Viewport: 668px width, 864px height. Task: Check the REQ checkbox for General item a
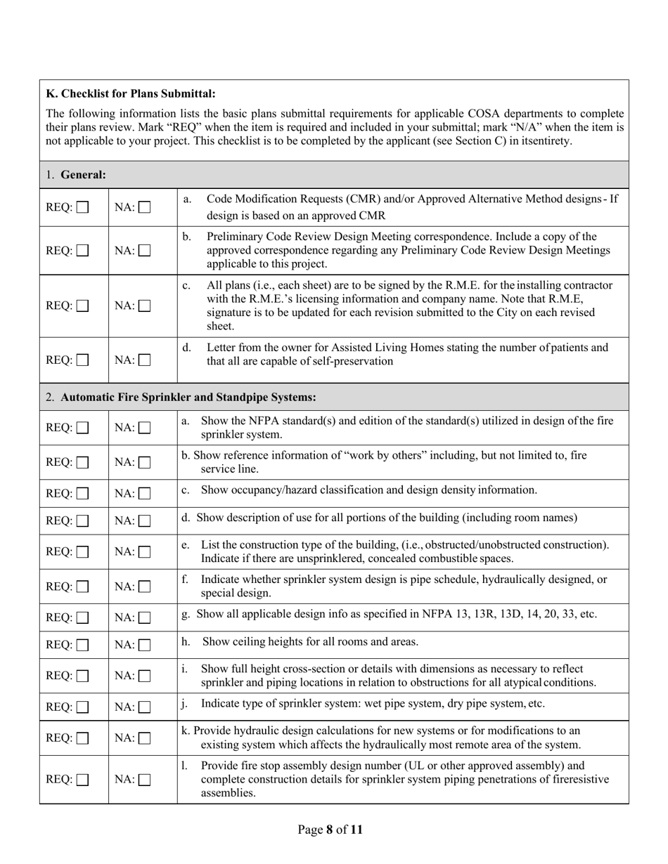coord(83,208)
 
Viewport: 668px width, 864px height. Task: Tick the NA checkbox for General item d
coord(145,360)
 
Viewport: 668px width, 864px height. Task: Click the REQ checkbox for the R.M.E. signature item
coord(83,306)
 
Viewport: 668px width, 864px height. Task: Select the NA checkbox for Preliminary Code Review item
coord(145,250)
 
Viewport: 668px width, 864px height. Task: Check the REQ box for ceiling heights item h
coord(83,645)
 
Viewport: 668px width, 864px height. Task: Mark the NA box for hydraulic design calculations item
coord(145,738)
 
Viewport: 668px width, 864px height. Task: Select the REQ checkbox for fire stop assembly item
coord(83,780)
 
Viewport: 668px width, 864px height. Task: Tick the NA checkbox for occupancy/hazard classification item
coord(145,494)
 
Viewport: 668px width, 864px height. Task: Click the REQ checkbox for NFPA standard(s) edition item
coord(83,428)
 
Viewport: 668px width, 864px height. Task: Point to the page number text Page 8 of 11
coord(330,830)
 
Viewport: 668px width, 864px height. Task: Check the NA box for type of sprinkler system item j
coord(145,707)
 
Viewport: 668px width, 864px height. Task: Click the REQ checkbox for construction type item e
coord(83,552)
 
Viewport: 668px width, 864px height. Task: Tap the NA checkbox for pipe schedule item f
coord(145,587)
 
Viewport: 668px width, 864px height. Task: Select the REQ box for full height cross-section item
coord(83,676)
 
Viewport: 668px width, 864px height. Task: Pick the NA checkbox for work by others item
coord(145,463)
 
